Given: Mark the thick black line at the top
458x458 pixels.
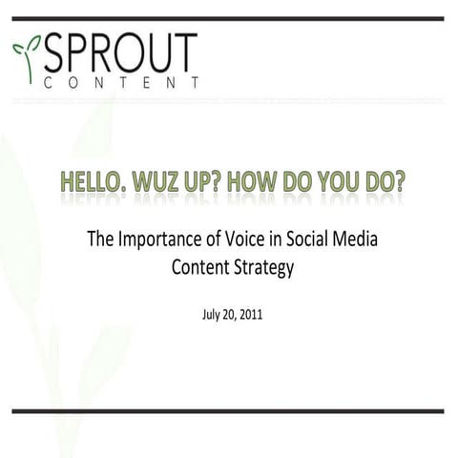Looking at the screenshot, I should tap(229, 18).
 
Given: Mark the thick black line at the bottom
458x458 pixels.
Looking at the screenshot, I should tap(229, 411).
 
